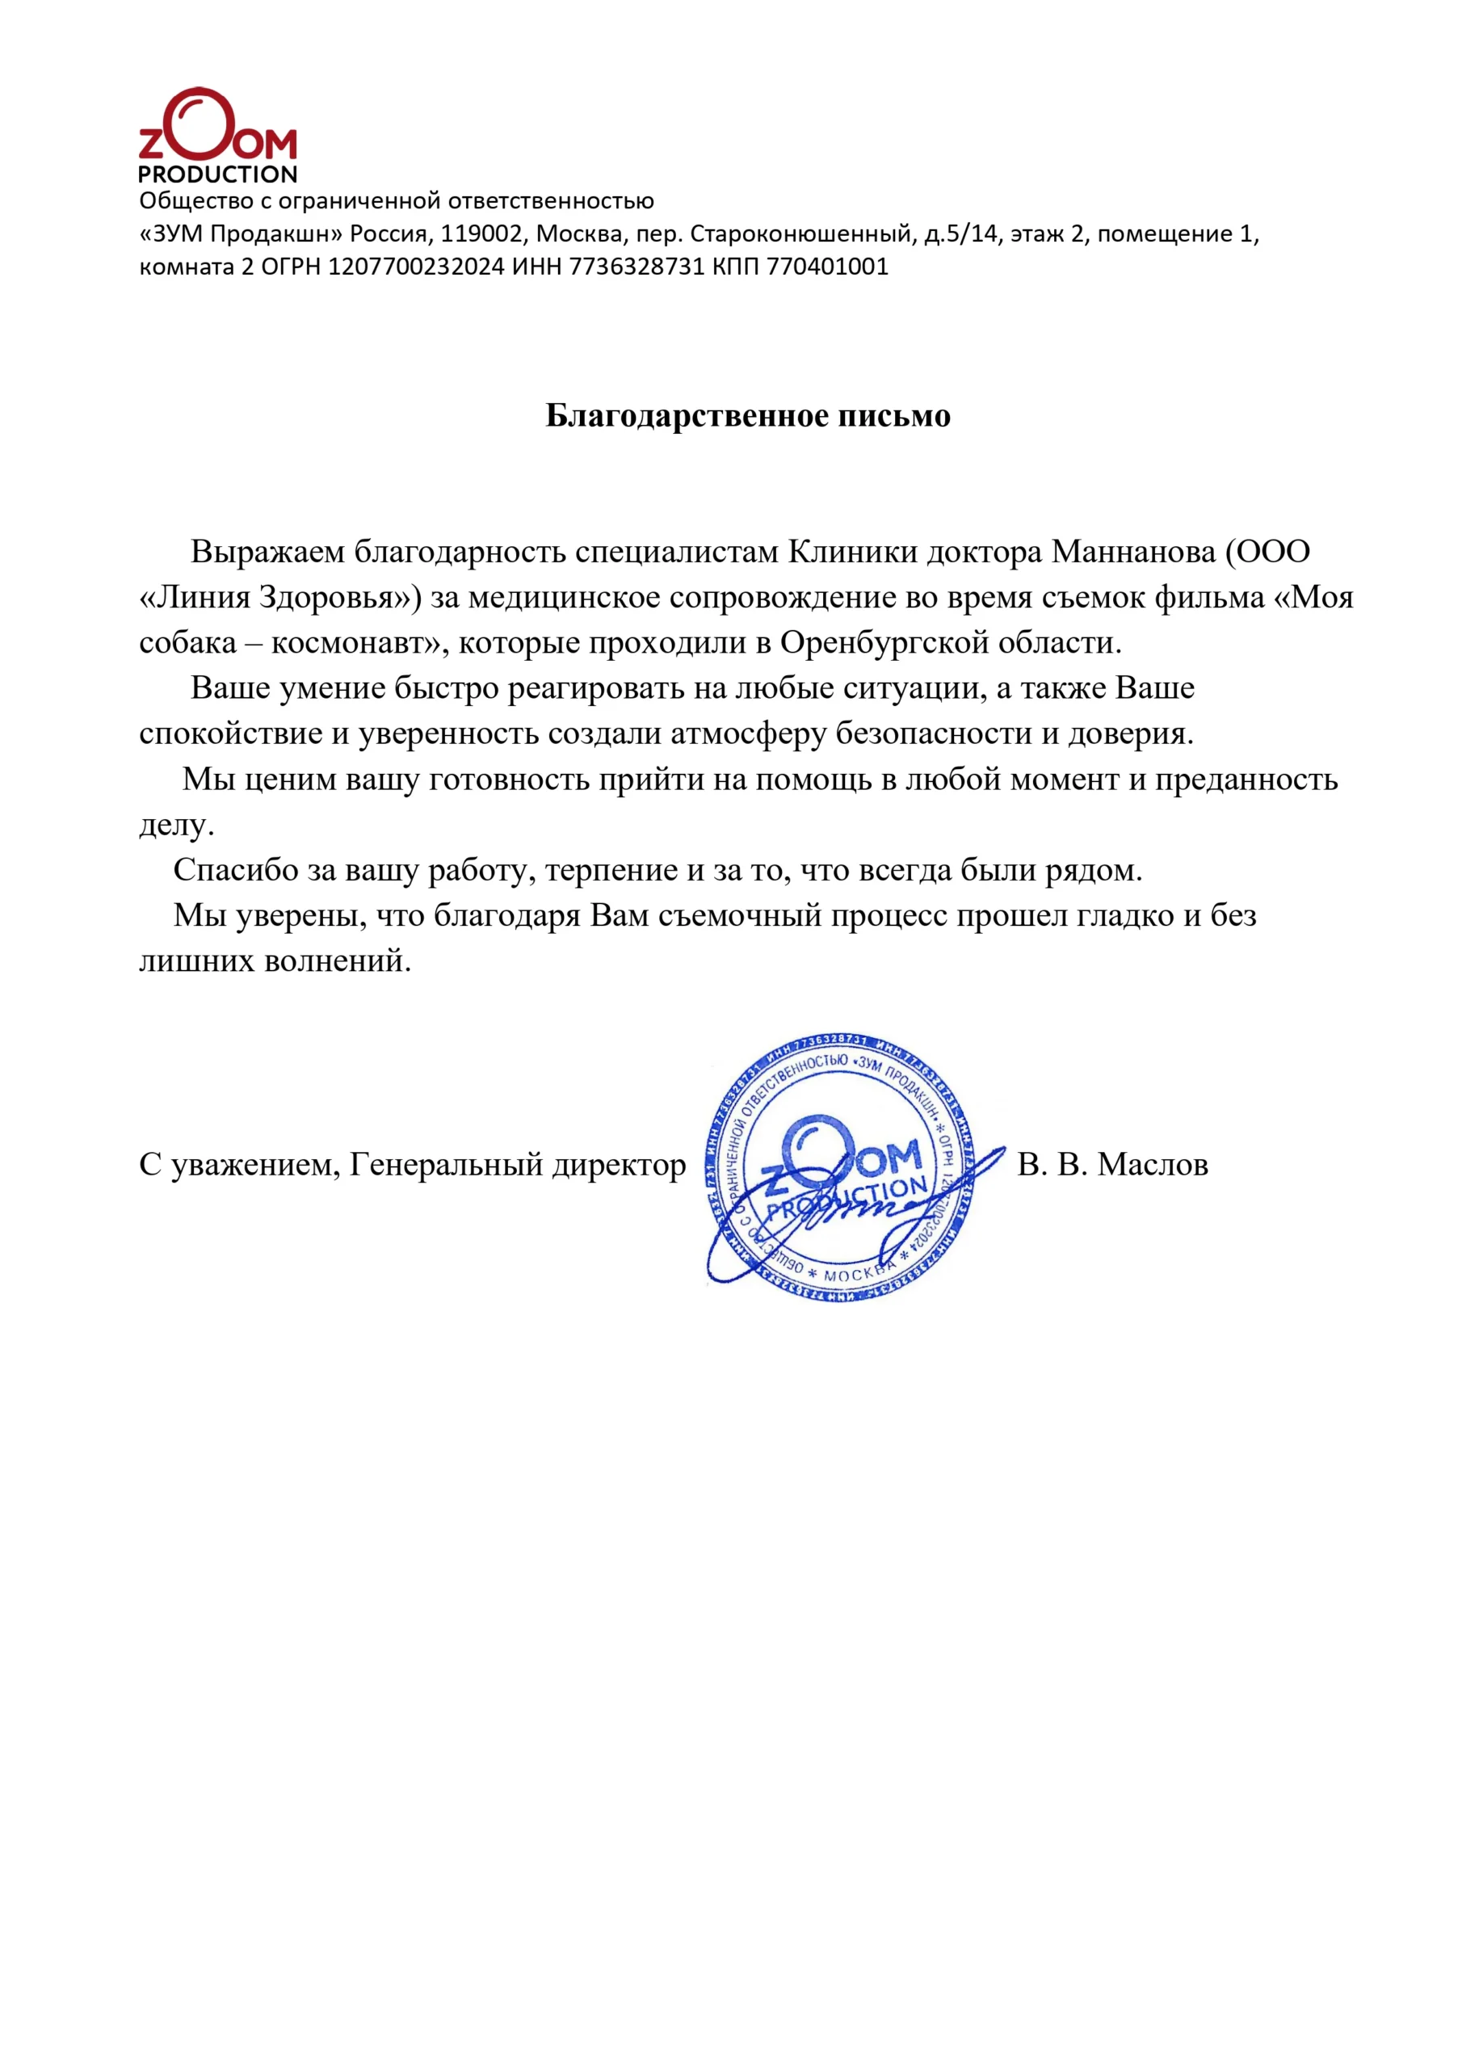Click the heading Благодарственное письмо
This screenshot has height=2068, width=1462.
coord(748,415)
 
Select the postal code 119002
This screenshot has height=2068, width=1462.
coord(481,234)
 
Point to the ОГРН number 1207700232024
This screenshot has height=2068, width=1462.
coord(416,267)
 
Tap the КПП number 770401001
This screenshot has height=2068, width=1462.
coord(827,267)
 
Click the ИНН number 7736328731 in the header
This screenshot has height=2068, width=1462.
coord(636,267)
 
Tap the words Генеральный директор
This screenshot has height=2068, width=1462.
coord(518,1165)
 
